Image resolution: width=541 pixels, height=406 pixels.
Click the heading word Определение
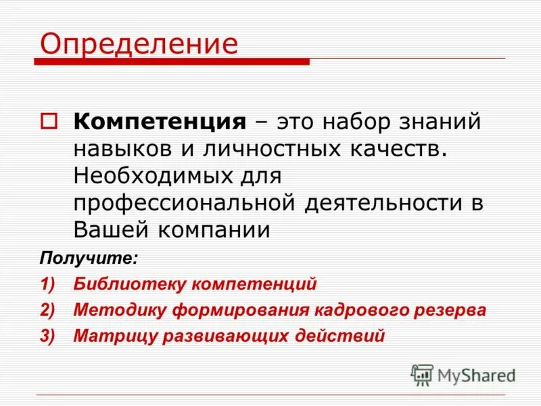tap(139, 44)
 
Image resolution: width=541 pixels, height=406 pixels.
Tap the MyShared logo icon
tap(422, 374)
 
